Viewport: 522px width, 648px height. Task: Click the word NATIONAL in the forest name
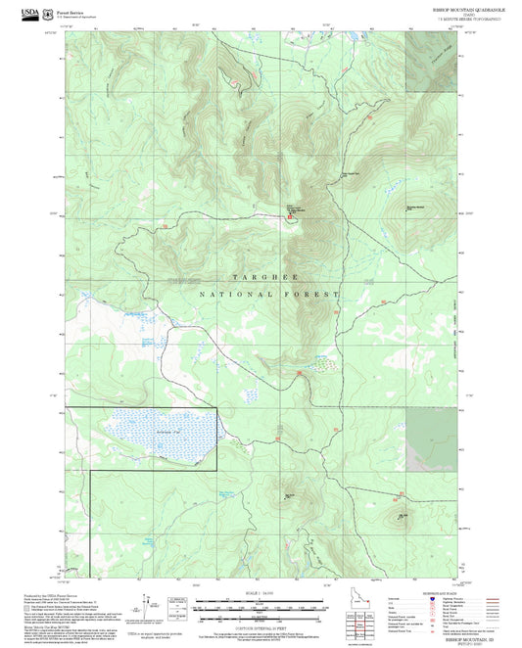232,294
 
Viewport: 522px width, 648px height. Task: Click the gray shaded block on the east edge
432,438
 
